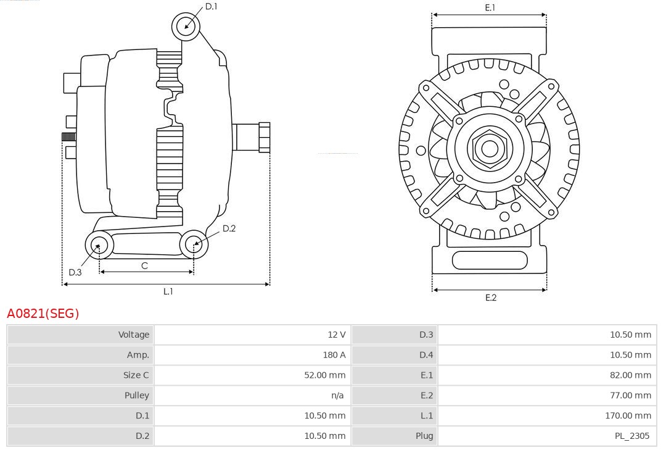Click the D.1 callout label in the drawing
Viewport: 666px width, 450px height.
tap(212, 6)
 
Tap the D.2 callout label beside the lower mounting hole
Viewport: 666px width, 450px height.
tap(229, 228)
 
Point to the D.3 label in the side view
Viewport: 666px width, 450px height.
tap(75, 272)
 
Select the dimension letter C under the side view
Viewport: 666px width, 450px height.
tap(144, 265)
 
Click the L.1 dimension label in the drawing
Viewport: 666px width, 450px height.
tap(168, 291)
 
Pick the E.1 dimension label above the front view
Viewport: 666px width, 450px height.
tap(490, 8)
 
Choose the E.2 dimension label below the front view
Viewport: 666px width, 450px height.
tap(491, 298)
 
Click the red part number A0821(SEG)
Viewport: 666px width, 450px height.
tap(43, 314)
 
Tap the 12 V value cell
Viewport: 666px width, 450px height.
tap(337, 335)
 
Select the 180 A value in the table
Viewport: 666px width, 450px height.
tap(334, 355)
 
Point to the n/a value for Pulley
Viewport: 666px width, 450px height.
tap(337, 395)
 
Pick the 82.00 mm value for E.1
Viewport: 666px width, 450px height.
tap(630, 375)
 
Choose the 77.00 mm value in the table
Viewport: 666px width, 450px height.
tap(630, 395)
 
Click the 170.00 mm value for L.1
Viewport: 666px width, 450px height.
tap(628, 415)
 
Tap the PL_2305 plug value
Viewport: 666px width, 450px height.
tap(631, 436)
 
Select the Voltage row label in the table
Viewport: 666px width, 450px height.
tap(134, 335)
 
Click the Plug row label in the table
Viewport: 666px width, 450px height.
tap(424, 436)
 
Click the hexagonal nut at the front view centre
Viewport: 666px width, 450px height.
tap(489, 148)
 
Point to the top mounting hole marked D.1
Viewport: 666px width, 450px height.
tap(186, 26)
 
